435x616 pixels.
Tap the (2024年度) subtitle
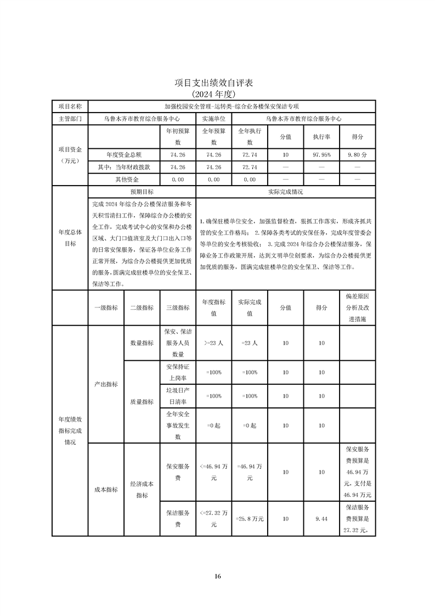[x=217, y=94]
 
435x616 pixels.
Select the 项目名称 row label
[x=70, y=107]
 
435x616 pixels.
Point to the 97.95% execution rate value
[x=321, y=155]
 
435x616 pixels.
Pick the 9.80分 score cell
[x=357, y=155]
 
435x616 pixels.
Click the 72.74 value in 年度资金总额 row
[x=250, y=155]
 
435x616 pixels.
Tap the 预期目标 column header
[x=142, y=192]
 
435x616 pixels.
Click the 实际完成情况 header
[x=285, y=192]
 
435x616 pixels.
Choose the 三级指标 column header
[x=177, y=308]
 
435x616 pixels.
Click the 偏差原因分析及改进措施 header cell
[x=357, y=308]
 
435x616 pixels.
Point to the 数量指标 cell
[x=142, y=343]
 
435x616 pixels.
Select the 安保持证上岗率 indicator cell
[x=177, y=372]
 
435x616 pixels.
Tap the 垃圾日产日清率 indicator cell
[x=177, y=396]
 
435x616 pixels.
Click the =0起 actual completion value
[x=250, y=425]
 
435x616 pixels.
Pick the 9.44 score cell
[x=321, y=518]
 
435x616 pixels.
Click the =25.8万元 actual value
[x=250, y=518]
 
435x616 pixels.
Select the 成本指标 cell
[x=106, y=489]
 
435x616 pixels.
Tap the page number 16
[x=217, y=576]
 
